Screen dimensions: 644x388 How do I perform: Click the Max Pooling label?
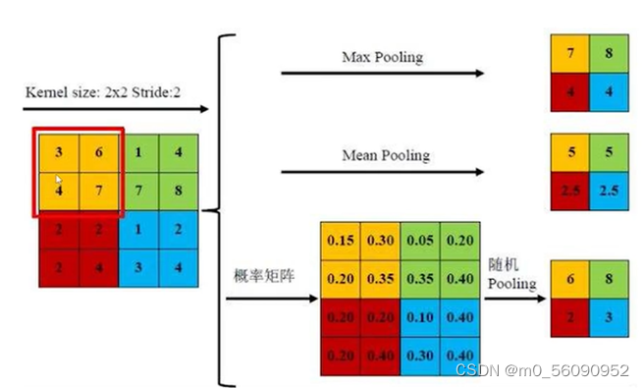381,57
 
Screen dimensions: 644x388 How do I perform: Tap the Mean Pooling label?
385,155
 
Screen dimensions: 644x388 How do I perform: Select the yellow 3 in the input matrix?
59,152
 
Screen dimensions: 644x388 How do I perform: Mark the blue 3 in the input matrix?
139,266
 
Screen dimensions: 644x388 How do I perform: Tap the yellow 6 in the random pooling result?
570,279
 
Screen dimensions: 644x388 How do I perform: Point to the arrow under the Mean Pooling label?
382,173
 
